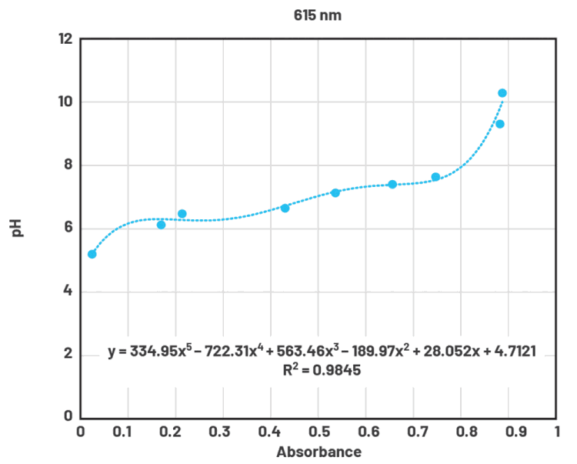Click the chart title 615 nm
[317, 15]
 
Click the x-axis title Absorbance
[319, 451]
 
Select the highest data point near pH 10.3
[502, 93]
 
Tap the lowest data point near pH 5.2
[92, 254]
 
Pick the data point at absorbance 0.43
[285, 208]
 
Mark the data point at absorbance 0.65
[392, 184]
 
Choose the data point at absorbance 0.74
[435, 177]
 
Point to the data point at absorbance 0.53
[335, 192]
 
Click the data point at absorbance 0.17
[161, 225]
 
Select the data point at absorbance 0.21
[182, 214]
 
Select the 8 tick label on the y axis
[68, 165]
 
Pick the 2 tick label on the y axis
[68, 354]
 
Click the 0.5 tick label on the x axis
[318, 431]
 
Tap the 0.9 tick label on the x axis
[508, 431]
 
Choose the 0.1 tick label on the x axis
[128, 431]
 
